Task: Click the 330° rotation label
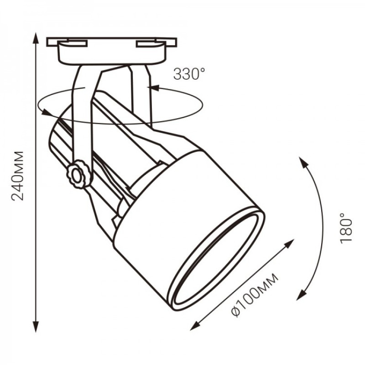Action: click(x=189, y=74)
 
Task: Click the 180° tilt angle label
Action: click(x=346, y=229)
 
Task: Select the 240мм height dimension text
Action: click(x=18, y=176)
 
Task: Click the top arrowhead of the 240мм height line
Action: click(x=36, y=38)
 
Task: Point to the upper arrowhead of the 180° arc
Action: click(x=303, y=162)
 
